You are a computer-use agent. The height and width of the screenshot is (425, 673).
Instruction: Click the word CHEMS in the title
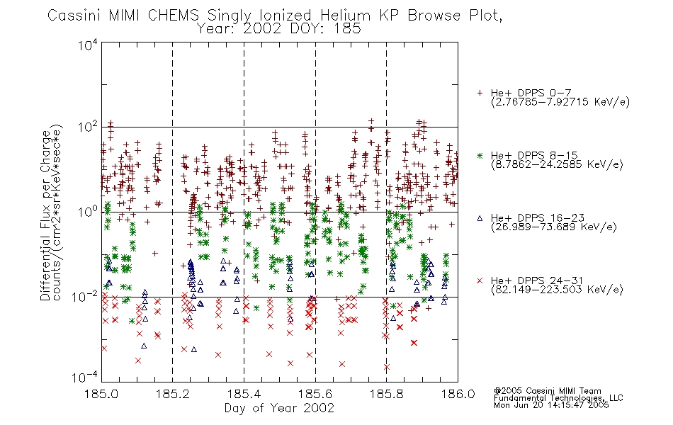tap(174, 16)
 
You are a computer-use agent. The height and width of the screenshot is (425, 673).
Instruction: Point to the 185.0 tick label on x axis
tap(102, 394)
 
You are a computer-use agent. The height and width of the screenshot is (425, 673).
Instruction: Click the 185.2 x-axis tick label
tap(173, 394)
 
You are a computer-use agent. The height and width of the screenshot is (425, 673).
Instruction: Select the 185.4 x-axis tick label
tap(244, 394)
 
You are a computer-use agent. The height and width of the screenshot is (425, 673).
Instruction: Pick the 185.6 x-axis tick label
tap(315, 394)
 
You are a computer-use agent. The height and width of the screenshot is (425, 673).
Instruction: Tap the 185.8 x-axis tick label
tap(386, 394)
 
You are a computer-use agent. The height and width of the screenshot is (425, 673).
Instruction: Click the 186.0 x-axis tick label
tap(458, 394)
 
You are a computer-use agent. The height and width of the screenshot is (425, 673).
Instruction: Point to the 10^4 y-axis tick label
tap(88, 45)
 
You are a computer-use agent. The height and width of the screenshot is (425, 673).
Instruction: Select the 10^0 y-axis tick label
tap(88, 212)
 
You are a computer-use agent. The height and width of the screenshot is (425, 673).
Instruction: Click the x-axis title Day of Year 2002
tap(279, 408)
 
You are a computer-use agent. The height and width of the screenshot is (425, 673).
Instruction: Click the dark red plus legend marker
tap(480, 93)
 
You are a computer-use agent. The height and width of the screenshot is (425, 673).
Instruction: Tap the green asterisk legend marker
tap(480, 155)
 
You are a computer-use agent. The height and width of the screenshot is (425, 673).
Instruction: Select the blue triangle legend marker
tap(480, 218)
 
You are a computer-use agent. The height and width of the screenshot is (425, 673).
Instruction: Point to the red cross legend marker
tap(480, 280)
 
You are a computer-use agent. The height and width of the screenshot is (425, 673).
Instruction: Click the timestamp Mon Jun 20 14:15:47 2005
tap(551, 405)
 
